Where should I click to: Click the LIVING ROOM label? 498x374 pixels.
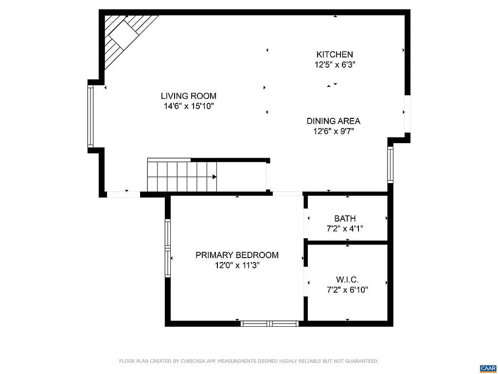(x=189, y=96)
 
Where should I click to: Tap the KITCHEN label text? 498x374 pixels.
(x=335, y=55)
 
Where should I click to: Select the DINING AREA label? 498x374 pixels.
(x=333, y=121)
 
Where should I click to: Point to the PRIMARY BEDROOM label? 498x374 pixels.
(x=237, y=255)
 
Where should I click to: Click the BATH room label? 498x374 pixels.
(x=345, y=219)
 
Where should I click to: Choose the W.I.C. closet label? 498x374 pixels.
(x=347, y=280)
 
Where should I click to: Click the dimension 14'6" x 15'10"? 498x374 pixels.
(x=189, y=106)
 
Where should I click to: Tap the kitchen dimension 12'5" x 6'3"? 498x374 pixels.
(x=335, y=64)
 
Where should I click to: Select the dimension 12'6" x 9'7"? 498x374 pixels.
(x=333, y=131)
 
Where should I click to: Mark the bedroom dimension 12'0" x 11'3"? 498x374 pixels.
(x=237, y=265)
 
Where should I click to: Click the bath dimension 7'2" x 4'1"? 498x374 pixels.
(x=345, y=228)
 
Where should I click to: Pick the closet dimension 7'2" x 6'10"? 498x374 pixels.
(x=347, y=290)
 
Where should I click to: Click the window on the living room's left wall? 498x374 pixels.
(x=90, y=116)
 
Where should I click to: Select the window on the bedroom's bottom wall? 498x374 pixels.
(x=270, y=323)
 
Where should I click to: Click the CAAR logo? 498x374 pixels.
(x=487, y=368)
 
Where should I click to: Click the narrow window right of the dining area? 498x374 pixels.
(x=390, y=165)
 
